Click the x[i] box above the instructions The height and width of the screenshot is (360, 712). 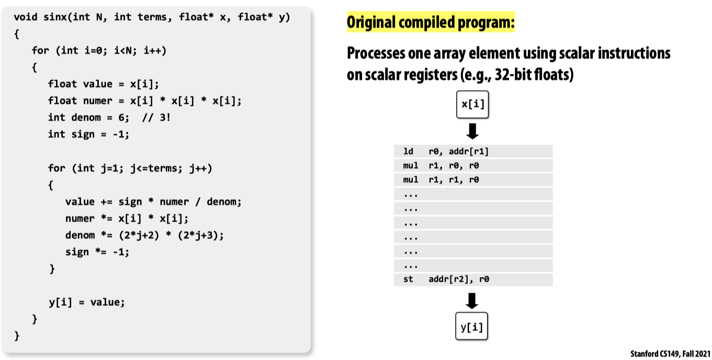click(472, 104)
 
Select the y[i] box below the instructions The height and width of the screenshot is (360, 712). click(472, 328)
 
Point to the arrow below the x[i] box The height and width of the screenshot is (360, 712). click(472, 131)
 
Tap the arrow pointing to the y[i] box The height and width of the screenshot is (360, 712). click(472, 301)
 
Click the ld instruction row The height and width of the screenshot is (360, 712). click(473, 152)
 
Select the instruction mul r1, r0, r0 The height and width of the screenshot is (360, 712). click(473, 166)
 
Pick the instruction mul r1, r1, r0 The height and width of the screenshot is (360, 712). click(473, 180)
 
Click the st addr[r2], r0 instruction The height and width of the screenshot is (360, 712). click(473, 279)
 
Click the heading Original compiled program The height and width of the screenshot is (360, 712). click(431, 22)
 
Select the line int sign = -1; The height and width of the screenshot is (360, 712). click(88, 134)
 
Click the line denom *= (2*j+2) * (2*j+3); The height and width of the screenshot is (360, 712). click(144, 235)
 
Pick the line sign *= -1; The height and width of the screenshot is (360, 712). click(97, 252)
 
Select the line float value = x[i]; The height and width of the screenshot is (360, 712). click(103, 84)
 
